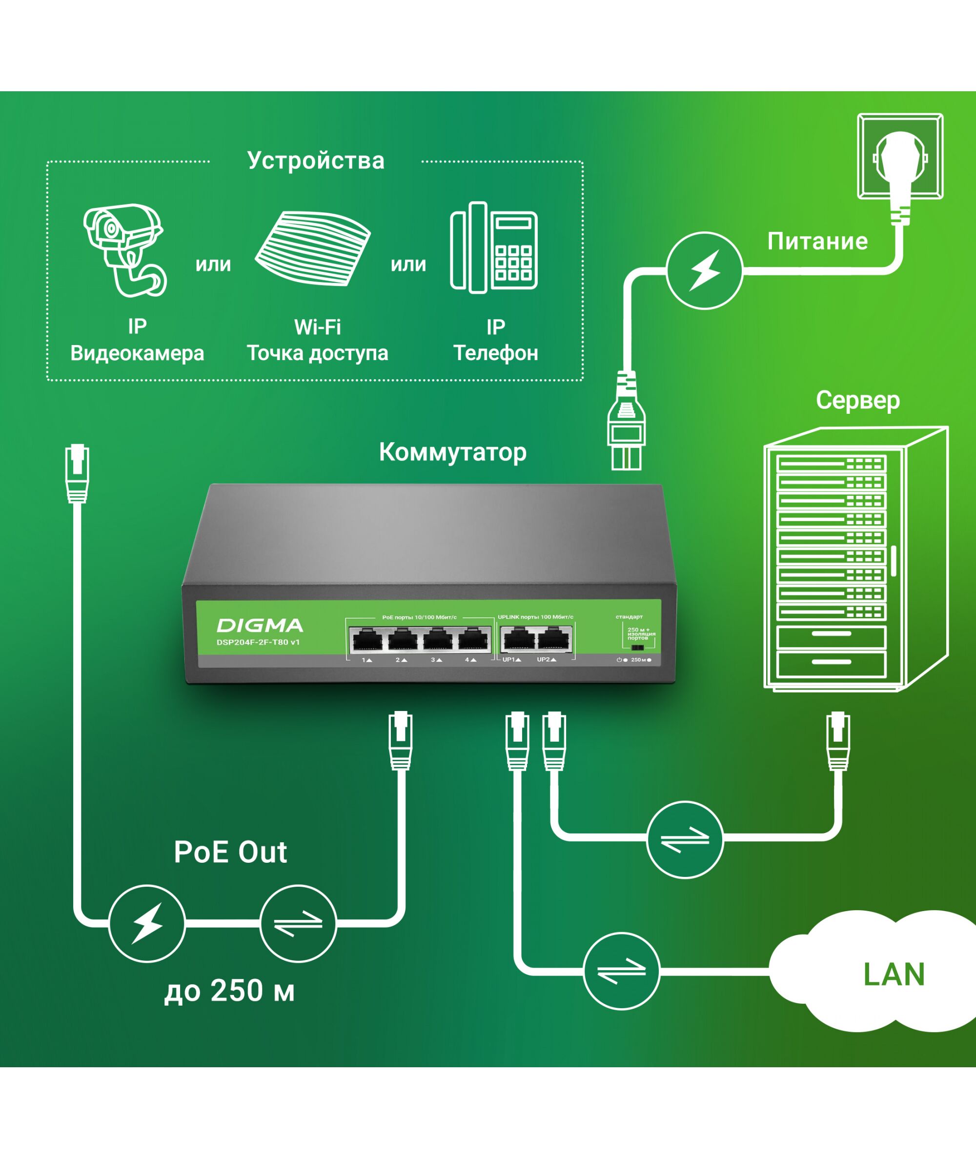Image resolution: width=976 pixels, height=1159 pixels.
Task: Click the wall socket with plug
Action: [900, 157]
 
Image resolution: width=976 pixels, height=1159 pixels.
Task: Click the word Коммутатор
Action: [452, 452]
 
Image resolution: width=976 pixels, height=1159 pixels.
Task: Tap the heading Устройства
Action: [315, 161]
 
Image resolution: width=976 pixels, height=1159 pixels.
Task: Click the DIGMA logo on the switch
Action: [260, 626]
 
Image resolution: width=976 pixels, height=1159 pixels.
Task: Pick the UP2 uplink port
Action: [554, 640]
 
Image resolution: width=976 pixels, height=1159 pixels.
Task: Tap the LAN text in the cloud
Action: [894, 974]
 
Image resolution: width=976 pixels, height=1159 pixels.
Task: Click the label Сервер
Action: [857, 400]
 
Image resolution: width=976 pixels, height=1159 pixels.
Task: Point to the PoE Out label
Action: [230, 852]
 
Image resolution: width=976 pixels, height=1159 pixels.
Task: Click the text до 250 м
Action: [229, 991]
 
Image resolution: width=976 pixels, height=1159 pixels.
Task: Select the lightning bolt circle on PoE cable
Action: [146, 923]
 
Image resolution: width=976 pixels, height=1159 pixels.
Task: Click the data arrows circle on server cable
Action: [684, 839]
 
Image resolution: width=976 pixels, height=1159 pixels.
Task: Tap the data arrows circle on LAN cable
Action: [621, 972]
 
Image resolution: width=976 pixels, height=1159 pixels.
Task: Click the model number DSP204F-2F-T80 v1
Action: [258, 642]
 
